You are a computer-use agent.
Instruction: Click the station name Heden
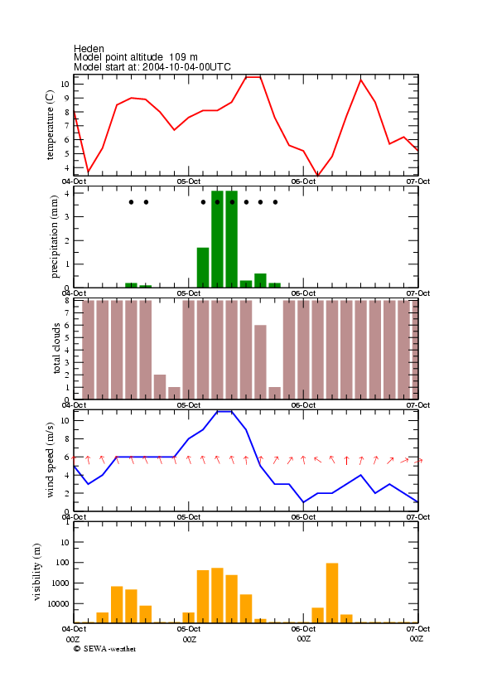click(x=89, y=48)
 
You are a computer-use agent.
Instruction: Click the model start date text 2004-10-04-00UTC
click(x=186, y=67)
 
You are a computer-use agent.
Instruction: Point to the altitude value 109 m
click(x=183, y=57)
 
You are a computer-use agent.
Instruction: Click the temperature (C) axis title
click(x=50, y=125)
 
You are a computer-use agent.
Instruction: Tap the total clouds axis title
click(x=56, y=348)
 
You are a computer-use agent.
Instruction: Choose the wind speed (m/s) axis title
click(x=50, y=460)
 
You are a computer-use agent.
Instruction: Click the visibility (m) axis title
click(x=37, y=572)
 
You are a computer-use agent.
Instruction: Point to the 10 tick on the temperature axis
click(x=65, y=84)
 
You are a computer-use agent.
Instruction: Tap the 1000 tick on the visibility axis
click(x=60, y=583)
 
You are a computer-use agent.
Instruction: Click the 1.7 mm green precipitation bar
click(x=203, y=268)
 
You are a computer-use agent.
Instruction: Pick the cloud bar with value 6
click(x=260, y=362)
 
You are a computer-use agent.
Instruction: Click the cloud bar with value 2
click(x=160, y=387)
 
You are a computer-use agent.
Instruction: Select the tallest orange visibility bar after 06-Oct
click(x=332, y=593)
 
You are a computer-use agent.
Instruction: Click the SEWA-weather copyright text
click(x=105, y=649)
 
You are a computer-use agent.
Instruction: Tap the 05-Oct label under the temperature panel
click(x=189, y=182)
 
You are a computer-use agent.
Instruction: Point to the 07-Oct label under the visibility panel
click(x=418, y=629)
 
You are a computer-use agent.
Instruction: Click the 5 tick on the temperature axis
click(x=66, y=154)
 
